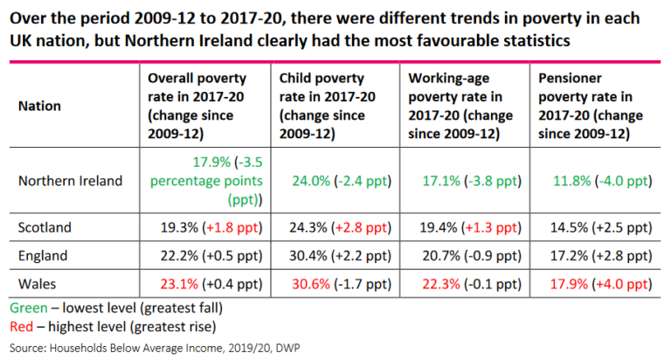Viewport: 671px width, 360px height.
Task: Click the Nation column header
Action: pos(39,106)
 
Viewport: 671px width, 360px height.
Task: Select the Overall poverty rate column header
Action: pos(198,106)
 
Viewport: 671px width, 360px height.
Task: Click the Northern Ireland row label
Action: pos(70,181)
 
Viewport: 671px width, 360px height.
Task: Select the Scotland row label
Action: pos(44,226)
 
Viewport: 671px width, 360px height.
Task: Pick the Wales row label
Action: pos(37,284)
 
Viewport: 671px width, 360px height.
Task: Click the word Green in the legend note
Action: pos(26,308)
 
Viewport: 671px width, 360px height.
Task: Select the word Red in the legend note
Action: pos(21,327)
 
